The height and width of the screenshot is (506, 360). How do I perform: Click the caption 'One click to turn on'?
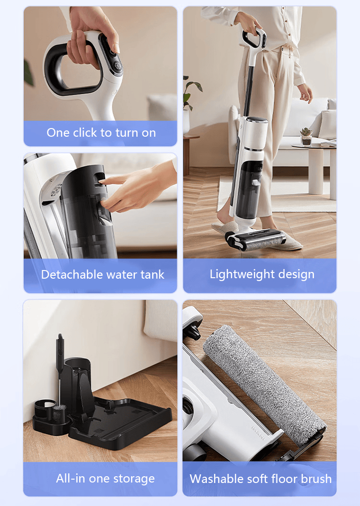[x=101, y=133]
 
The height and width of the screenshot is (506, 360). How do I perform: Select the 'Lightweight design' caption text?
[x=262, y=274]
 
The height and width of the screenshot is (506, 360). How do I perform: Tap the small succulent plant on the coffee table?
[x=306, y=136]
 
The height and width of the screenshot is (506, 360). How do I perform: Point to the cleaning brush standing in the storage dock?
[x=60, y=377]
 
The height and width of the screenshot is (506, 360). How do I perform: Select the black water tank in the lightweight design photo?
[x=248, y=190]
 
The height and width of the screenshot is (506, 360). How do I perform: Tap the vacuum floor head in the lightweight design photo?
[x=255, y=240]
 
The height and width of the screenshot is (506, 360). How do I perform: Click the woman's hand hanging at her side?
[x=305, y=94]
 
